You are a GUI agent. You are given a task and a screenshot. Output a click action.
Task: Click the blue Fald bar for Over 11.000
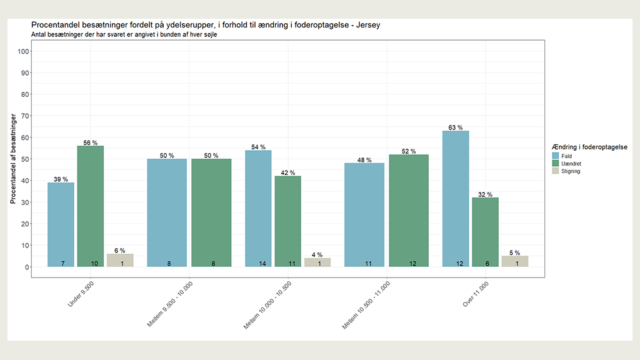coord(456,199)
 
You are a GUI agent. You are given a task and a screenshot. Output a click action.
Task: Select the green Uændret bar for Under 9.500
coord(91,206)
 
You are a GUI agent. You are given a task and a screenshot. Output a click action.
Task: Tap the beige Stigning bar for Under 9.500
coord(120,260)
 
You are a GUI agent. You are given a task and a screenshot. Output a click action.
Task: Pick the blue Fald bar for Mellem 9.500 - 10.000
coord(167,212)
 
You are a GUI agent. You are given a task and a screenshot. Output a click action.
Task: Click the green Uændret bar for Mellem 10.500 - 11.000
coord(409,211)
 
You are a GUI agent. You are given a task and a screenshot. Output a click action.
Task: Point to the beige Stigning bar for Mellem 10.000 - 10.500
coord(317,262)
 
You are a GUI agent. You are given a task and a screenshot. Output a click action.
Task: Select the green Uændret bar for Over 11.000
coord(485,232)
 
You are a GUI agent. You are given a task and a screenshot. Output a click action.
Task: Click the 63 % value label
coord(456,127)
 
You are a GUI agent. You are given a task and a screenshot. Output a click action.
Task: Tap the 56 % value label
coord(91,142)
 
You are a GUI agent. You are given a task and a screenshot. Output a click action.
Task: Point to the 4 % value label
coord(317,254)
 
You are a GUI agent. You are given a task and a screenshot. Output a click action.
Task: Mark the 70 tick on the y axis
coord(25,116)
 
